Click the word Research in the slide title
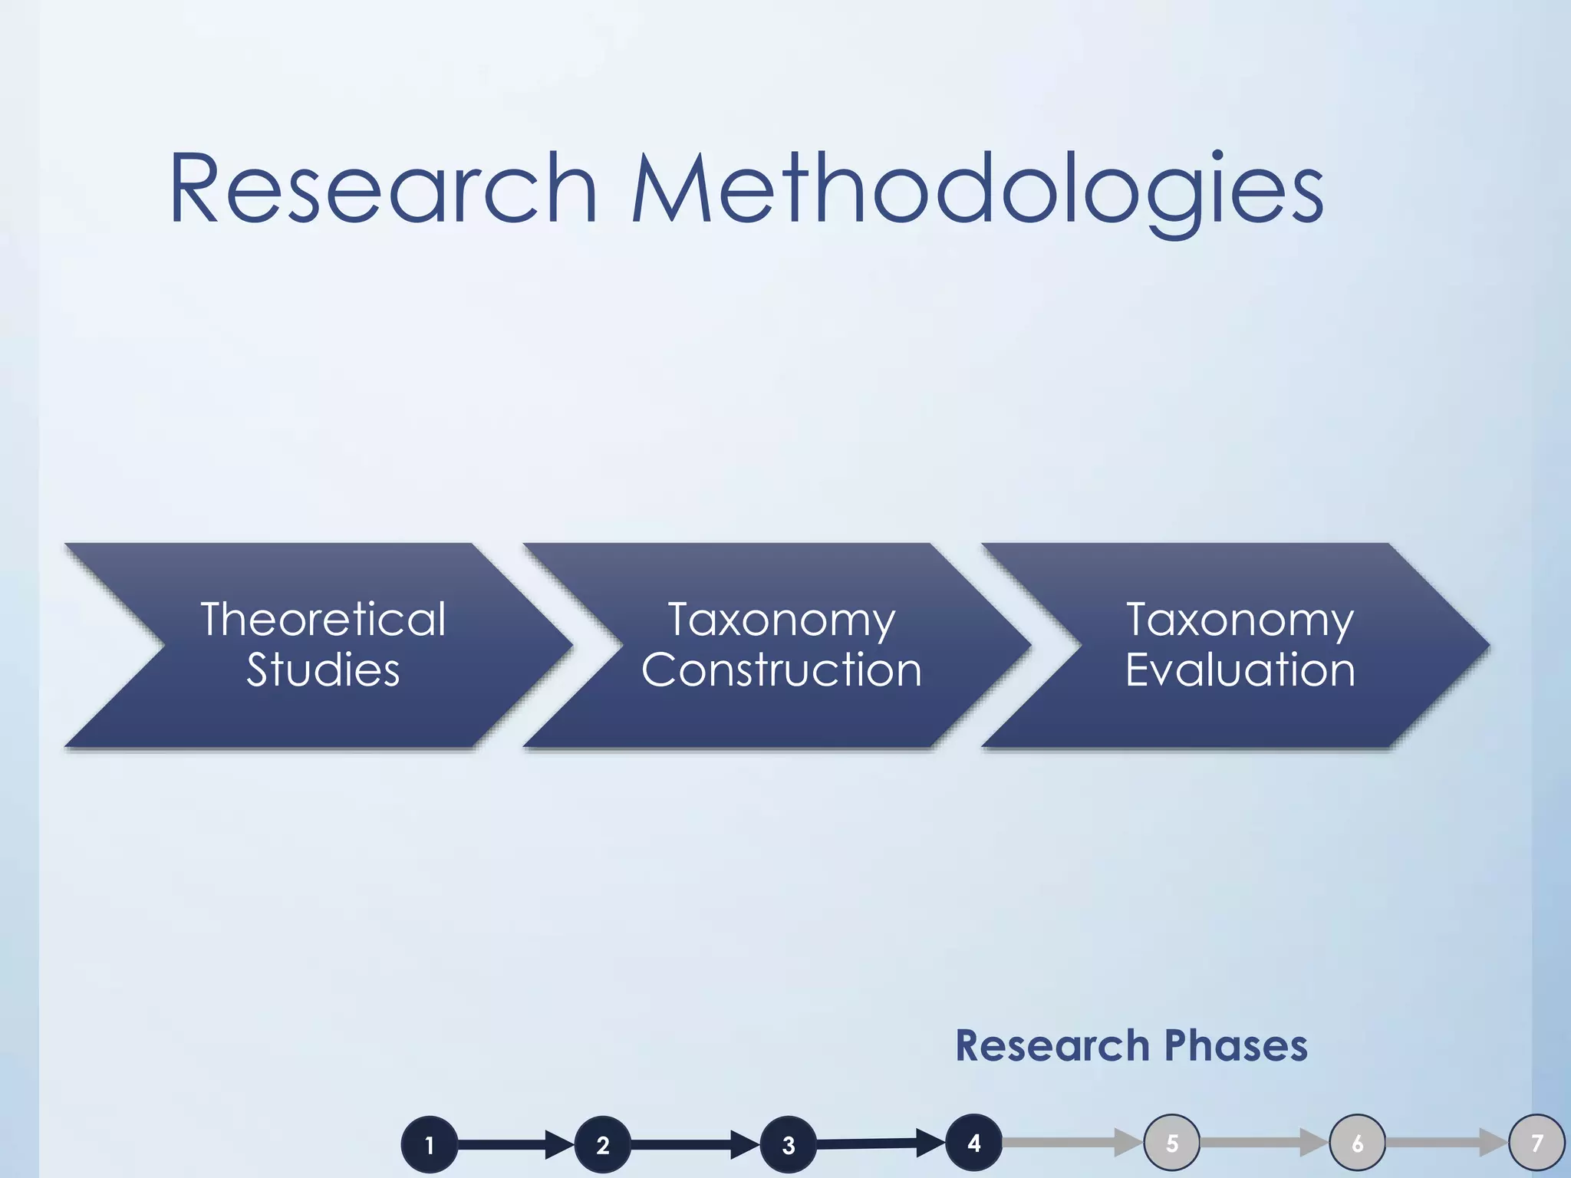382,188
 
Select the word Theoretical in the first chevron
323,619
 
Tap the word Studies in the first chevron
323,670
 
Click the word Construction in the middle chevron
781,670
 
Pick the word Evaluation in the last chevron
1240,670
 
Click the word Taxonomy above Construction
781,620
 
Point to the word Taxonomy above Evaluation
1240,620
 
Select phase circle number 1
430,1144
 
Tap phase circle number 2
603,1144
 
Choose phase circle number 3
788,1144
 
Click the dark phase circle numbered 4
973,1142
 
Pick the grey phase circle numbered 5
1171,1142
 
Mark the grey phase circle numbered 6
1357,1142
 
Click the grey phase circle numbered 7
1537,1142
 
